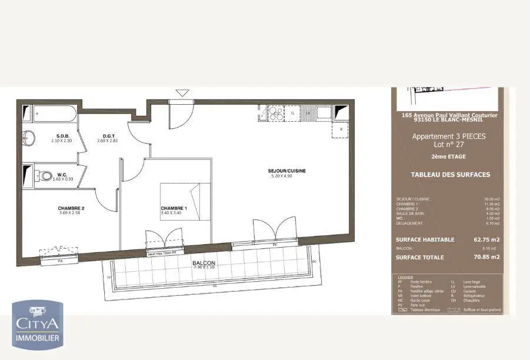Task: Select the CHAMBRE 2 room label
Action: click(71, 208)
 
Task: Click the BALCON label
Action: click(204, 263)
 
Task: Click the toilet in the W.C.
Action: click(45, 175)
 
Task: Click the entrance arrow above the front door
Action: click(183, 92)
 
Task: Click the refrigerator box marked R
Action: click(341, 129)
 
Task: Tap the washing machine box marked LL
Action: click(293, 112)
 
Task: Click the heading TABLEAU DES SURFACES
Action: click(450, 175)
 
